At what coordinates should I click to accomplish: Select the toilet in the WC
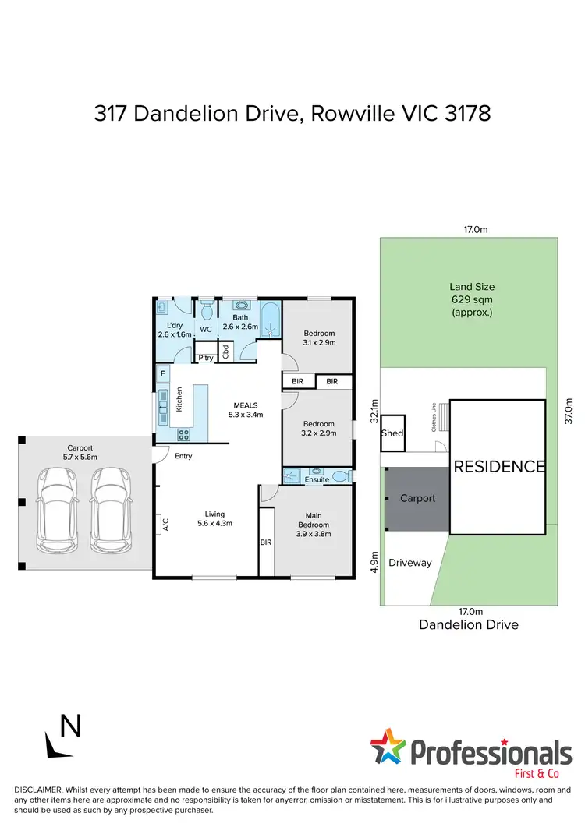(x=206, y=312)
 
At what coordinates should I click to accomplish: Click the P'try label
(x=206, y=358)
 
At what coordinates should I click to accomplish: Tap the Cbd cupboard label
(x=225, y=352)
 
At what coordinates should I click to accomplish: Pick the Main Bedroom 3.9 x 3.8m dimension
(x=313, y=535)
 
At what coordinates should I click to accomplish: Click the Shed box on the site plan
(x=392, y=433)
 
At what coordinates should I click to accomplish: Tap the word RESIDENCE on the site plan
(x=498, y=467)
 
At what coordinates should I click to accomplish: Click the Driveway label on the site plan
(x=409, y=562)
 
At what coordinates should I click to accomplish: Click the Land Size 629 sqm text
(x=471, y=299)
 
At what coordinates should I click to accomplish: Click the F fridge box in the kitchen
(x=162, y=374)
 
